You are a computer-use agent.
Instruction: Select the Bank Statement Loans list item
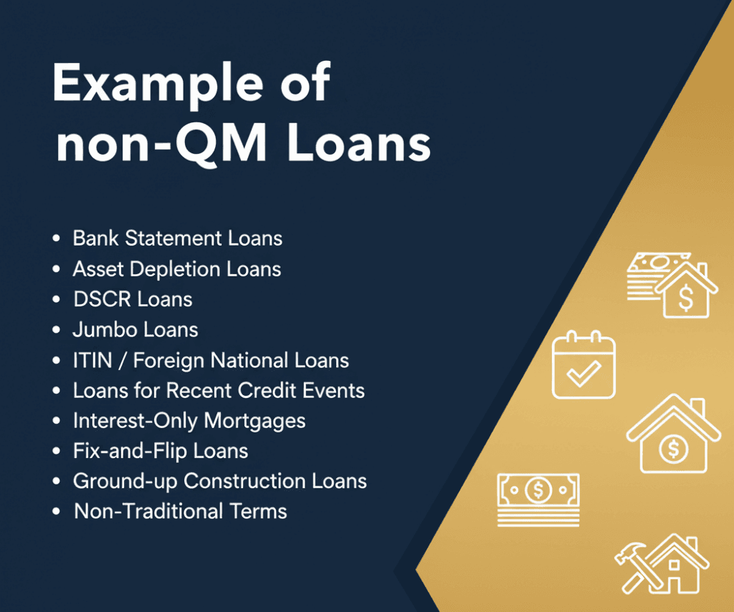pos(177,238)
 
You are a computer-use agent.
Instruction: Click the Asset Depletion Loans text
pos(176,269)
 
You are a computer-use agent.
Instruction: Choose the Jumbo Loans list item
pos(135,330)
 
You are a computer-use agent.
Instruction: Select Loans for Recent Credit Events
pos(218,391)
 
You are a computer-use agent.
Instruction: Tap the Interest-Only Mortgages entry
pos(189,421)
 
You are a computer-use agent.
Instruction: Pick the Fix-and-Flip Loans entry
pos(160,451)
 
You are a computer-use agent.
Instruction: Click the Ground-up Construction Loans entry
pos(219,481)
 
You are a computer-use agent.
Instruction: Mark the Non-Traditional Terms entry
pos(181,511)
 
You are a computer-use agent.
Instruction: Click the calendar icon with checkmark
pos(584,365)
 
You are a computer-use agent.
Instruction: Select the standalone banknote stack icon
pos(538,498)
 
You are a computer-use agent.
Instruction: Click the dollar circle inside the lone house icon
pos(673,449)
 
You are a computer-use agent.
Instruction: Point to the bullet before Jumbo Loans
pos(57,331)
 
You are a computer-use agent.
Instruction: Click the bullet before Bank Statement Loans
pos(57,239)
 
